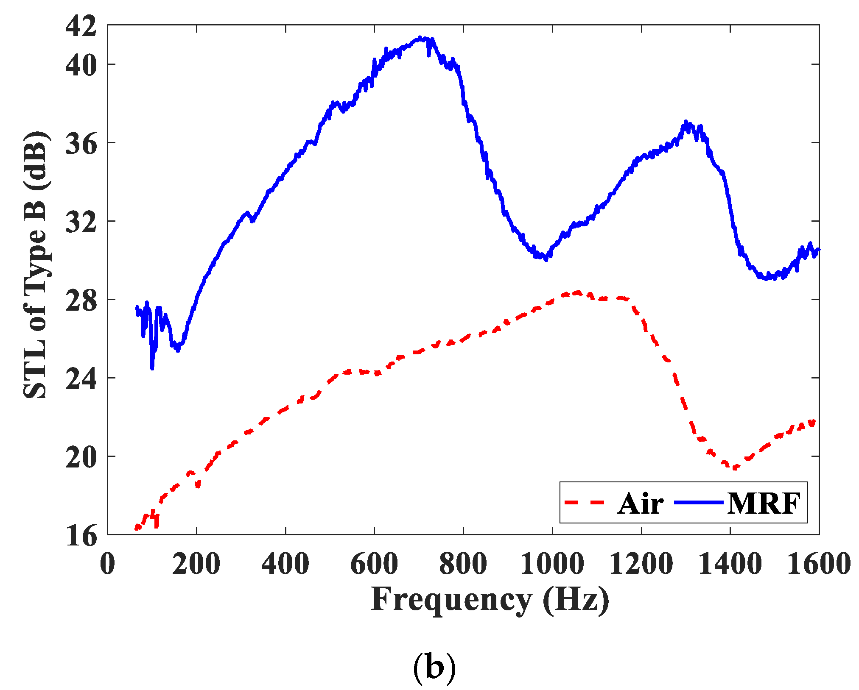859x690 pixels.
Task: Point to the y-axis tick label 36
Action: point(81,144)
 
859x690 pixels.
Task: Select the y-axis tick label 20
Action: point(81,458)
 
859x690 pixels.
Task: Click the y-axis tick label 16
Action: point(81,536)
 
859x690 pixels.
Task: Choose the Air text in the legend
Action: point(641,504)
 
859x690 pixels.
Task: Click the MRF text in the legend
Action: point(764,504)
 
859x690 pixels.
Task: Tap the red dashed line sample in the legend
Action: point(584,503)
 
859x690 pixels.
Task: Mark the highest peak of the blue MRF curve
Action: point(420,38)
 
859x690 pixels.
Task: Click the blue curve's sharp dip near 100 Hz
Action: point(152,368)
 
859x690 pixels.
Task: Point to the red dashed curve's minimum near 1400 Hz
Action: point(735,468)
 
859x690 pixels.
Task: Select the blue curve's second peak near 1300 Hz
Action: point(686,123)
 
